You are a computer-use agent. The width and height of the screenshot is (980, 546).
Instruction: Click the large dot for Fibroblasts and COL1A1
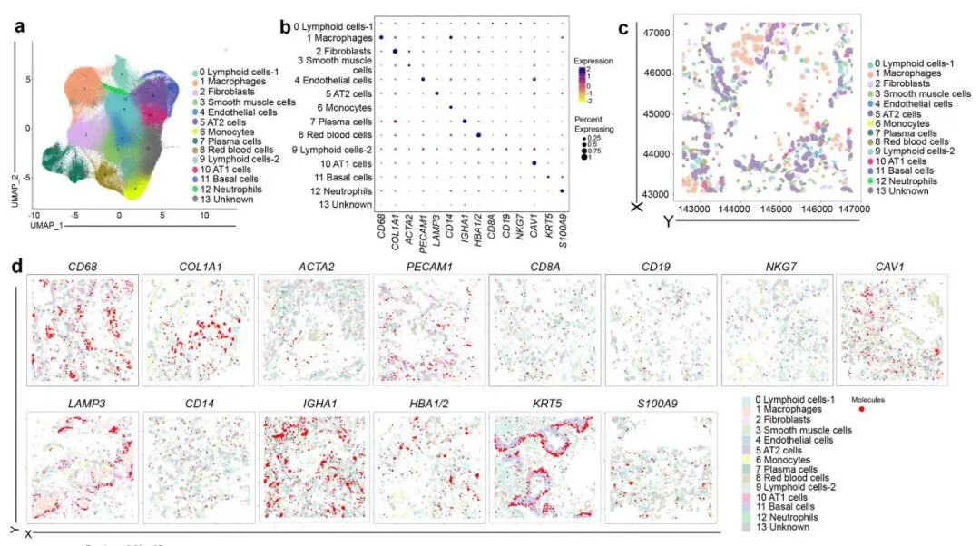[x=396, y=52]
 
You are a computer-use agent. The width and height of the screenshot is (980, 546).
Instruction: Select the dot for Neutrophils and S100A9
[x=563, y=190]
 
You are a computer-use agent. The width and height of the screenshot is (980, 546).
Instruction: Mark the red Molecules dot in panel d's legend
[x=861, y=409]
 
